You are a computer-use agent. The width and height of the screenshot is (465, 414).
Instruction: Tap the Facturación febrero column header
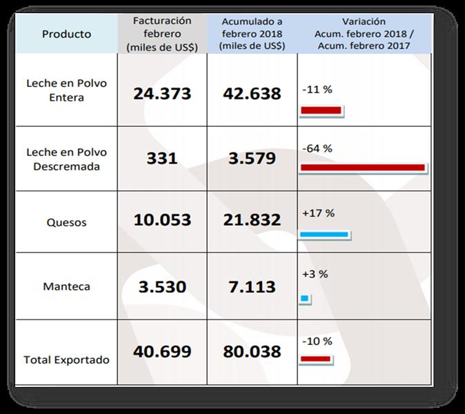pos(161,34)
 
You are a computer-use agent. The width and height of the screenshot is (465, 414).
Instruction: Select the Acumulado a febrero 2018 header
pos(252,34)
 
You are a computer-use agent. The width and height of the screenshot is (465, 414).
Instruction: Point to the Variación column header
pos(364,34)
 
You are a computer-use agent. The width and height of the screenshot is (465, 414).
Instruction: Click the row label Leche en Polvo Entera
pos(67,90)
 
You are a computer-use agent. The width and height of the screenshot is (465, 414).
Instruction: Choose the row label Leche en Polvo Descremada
pos(67,159)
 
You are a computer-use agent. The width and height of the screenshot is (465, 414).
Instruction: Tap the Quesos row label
pos(67,223)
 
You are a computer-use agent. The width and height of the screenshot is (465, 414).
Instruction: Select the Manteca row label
pos(67,286)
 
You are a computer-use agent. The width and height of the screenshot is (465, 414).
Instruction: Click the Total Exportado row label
pos(67,359)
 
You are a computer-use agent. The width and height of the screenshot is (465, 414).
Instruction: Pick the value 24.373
pos(162,93)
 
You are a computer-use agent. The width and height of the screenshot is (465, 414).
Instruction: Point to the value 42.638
pos(252,93)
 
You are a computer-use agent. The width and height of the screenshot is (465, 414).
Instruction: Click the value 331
pos(162,158)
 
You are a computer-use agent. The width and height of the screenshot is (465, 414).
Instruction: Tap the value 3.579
pos(252,158)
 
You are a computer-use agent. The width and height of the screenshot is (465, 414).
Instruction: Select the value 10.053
pos(162,220)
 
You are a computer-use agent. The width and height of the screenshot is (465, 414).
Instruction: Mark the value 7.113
pos(252,286)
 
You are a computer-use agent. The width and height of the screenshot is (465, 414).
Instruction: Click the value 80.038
pos(252,351)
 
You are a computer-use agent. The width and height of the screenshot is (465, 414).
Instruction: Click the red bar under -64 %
pos(363,168)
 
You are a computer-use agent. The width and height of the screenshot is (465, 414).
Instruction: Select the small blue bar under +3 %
pos(305,299)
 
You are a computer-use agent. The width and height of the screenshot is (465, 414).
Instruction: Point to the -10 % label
pos(317,341)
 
